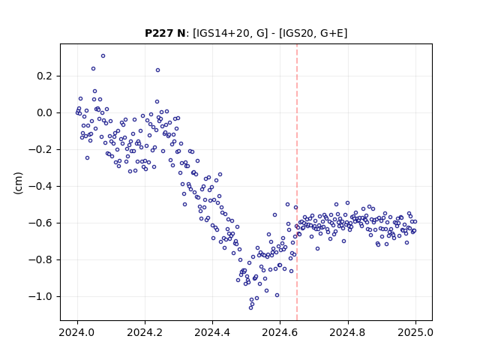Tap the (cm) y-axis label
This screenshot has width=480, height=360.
(18, 183)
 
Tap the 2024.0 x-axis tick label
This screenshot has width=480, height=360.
(77, 332)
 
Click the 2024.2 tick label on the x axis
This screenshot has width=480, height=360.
(145, 332)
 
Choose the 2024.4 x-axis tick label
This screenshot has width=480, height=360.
(212, 332)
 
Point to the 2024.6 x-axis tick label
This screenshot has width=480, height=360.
(280, 332)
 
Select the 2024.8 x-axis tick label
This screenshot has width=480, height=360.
(348, 332)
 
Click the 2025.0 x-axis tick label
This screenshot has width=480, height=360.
(415, 332)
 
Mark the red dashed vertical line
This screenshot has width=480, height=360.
(297, 182)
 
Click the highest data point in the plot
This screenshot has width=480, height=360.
(103, 55)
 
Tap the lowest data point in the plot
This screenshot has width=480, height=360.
(250, 307)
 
